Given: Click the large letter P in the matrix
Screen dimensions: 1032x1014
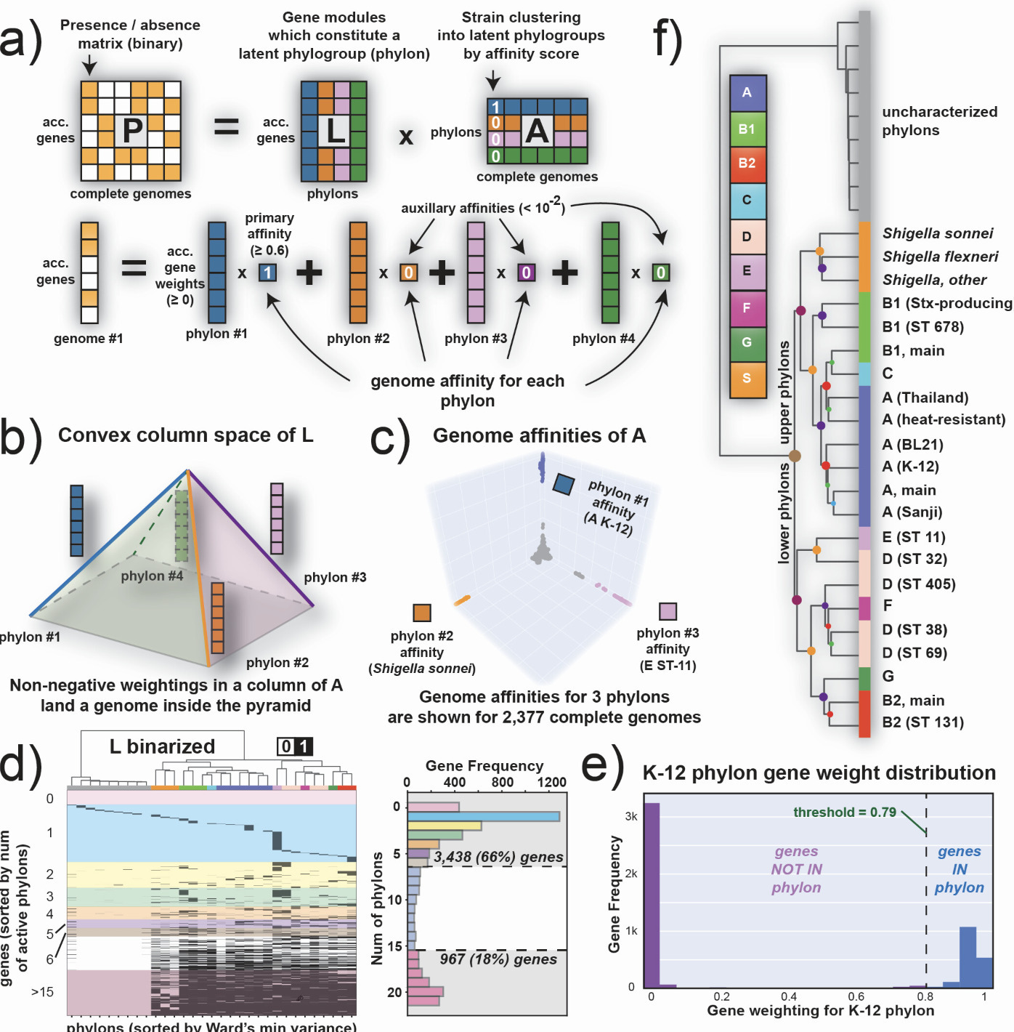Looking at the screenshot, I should [131, 131].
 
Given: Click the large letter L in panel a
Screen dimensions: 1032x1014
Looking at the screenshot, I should [335, 131].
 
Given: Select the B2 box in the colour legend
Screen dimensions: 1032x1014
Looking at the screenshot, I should [747, 164].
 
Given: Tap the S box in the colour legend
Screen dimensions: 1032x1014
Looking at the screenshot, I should [747, 379].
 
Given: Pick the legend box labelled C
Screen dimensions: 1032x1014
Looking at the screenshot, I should [747, 200].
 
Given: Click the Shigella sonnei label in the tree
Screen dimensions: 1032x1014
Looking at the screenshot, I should [937, 233].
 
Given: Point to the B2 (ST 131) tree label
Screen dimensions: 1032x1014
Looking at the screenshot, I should [922, 722].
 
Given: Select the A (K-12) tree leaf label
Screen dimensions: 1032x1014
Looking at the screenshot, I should [910, 467].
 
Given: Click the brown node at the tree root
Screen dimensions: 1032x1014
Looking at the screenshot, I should [795, 456].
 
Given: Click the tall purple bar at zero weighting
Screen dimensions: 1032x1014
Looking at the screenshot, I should [652, 894].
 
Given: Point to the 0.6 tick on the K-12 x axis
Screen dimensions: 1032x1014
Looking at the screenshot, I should [856, 996].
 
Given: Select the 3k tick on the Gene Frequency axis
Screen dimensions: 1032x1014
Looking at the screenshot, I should [631, 816].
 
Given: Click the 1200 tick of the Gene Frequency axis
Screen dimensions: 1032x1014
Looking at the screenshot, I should [551, 782].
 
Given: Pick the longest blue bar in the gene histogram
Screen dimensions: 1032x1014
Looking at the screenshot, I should [483, 816].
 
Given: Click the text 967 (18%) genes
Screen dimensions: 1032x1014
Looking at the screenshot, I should [498, 959].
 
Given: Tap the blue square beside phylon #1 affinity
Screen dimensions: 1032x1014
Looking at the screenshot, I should [564, 484].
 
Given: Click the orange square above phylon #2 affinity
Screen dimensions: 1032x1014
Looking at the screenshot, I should [422, 613].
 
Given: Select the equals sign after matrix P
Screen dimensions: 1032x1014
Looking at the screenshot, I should [226, 128].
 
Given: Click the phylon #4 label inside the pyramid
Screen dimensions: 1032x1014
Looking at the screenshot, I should [152, 576].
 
